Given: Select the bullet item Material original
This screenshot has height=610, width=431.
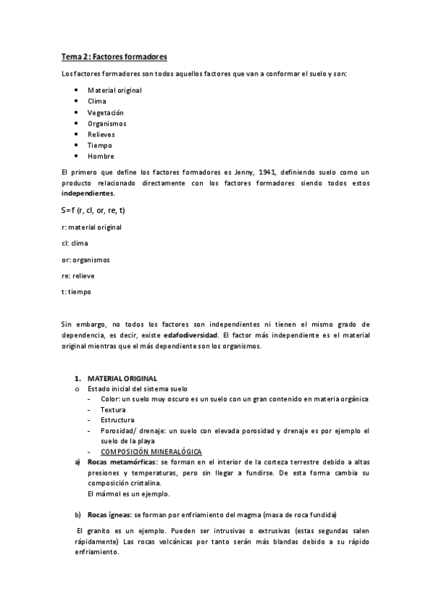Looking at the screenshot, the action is coord(114,90).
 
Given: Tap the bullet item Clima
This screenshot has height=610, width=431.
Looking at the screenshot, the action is coord(97,101).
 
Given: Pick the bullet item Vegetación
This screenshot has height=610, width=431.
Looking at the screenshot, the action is coord(106,112).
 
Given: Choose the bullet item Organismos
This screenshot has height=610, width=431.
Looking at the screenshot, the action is coord(107,123).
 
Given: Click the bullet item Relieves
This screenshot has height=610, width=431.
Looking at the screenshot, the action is coord(101,135).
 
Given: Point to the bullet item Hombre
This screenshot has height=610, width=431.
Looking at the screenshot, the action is coord(101,156).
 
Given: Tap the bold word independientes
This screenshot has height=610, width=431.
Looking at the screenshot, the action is coord(88,194).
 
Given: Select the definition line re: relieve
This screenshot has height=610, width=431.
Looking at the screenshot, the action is coord(78,276).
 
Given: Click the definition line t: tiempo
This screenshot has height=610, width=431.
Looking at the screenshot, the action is coord(77,292).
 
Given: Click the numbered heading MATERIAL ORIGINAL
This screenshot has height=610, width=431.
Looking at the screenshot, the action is coord(122,378).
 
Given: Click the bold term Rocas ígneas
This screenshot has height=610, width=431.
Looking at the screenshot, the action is coord(109,514).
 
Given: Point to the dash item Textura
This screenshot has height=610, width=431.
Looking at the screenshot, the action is coord(113,409).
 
